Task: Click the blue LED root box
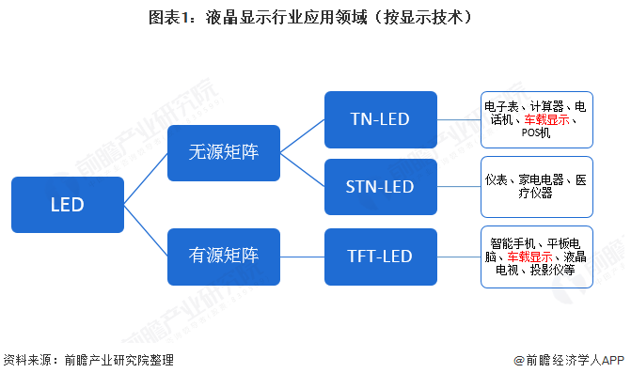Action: coord(67,205)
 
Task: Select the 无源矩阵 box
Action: coord(223,154)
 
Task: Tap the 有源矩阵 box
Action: coord(223,256)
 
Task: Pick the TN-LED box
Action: coord(380,118)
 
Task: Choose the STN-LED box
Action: coord(380,186)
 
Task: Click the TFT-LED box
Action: coord(380,256)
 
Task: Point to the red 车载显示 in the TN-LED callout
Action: coord(546,120)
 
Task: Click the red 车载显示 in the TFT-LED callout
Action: coord(529,256)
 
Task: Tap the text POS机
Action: coord(536,133)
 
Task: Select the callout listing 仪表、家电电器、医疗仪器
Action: coord(536,186)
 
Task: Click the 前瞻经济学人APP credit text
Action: coord(575,359)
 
